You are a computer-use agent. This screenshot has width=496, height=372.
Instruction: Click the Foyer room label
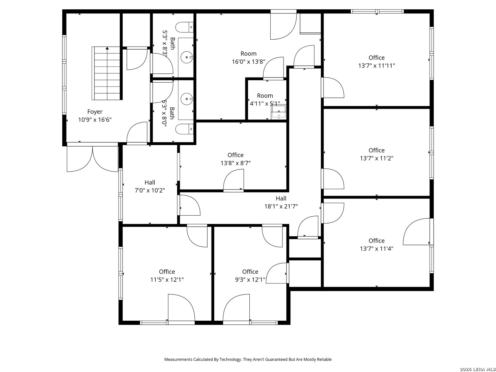click(x=95, y=112)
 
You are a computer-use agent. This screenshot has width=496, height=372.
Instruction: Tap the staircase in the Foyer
click(x=107, y=73)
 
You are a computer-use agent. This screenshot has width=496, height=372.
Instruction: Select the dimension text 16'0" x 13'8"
click(x=248, y=62)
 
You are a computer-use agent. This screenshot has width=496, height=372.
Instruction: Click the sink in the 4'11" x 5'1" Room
click(x=279, y=112)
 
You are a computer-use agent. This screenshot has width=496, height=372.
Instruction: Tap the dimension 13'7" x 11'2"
click(x=376, y=158)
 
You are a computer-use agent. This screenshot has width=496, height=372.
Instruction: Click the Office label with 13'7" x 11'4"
click(x=376, y=241)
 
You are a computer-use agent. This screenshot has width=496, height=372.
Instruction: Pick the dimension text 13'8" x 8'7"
click(x=236, y=163)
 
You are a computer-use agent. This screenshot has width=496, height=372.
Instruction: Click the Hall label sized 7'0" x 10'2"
click(x=150, y=183)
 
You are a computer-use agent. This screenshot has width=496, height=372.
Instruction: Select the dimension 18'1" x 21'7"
click(x=281, y=207)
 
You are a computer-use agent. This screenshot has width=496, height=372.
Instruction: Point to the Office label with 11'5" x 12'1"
click(x=167, y=272)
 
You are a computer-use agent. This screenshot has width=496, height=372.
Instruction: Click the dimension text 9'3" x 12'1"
click(x=250, y=280)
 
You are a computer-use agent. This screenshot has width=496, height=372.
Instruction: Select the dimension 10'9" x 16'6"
click(x=95, y=120)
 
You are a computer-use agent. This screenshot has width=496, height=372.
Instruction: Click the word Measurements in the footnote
click(x=178, y=360)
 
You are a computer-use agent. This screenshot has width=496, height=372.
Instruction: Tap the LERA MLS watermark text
click(x=477, y=369)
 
